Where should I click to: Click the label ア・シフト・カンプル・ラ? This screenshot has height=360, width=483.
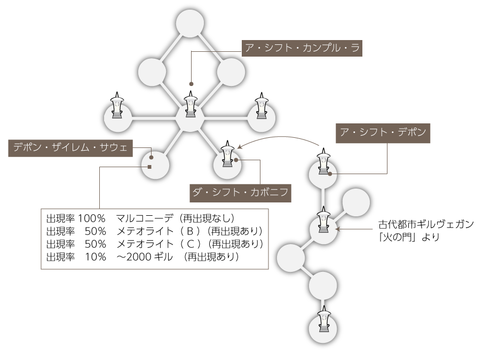coord(302,48)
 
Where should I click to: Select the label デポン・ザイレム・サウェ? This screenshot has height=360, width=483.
coord(70,148)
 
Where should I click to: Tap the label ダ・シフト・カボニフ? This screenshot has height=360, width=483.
coord(240,193)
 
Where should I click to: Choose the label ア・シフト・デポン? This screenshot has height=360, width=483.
coord(383,133)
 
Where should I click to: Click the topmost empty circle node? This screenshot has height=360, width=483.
coord(190,23)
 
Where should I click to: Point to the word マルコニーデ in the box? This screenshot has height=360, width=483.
coord(145,218)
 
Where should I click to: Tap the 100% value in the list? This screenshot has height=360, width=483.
coord(91,218)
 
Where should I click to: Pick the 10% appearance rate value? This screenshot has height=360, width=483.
coord(96,257)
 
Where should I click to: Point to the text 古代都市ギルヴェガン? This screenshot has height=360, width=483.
coord(426,224)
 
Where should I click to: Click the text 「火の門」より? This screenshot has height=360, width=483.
coord(409,237)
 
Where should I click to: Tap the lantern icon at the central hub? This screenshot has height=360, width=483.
coord(191,104)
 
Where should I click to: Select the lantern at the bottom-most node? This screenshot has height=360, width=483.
coord(323,319)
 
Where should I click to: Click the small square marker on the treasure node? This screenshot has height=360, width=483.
coord(149,167)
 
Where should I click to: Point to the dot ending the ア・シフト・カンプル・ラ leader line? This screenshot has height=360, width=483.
coord(191,84)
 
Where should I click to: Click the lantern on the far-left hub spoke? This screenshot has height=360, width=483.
coord(117,105)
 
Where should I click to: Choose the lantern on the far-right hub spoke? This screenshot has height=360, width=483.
coord(262,105)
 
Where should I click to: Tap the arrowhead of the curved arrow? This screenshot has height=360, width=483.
coord(240,146)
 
